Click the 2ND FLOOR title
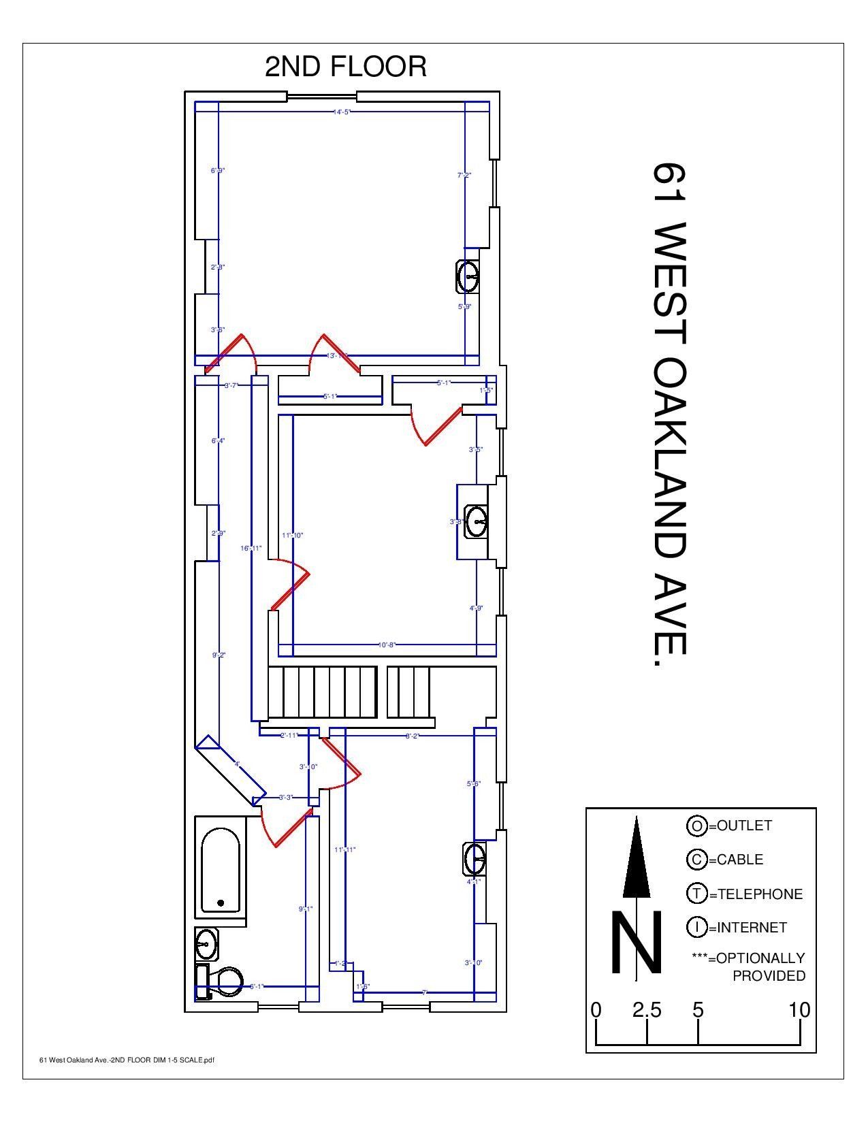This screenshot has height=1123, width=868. tap(345, 67)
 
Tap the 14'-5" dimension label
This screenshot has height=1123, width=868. tap(342, 112)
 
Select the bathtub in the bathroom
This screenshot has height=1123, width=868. tap(221, 869)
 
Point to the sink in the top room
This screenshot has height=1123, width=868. tap(469, 276)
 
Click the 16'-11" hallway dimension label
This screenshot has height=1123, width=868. tap(251, 548)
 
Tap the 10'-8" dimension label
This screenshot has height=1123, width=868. tap(387, 645)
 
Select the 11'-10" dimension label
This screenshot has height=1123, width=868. tap(293, 536)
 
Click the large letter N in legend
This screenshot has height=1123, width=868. tap(636, 943)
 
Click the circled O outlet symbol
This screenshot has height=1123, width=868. tap(696, 826)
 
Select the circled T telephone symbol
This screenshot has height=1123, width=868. tap(696, 894)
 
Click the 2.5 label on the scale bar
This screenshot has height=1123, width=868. tap(647, 1010)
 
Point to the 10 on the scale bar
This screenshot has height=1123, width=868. tap(799, 1010)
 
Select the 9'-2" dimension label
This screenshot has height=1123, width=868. tap(219, 655)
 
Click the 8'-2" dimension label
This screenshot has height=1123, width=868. tap(413, 736)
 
